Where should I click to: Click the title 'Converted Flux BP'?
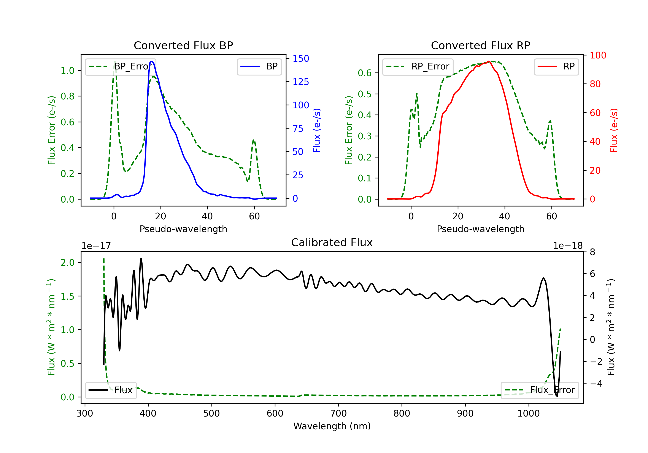[x=183, y=45]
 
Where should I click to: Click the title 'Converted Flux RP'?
[x=480, y=45]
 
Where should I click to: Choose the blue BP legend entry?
[x=259, y=66]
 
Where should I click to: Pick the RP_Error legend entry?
[x=418, y=66]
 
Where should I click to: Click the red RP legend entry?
[x=556, y=66]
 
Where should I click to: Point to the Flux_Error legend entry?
[x=539, y=390]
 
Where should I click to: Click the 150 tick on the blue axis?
[x=301, y=59]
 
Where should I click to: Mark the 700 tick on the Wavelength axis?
[x=338, y=413]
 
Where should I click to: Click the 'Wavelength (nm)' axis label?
[x=332, y=426]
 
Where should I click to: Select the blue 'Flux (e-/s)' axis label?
[x=317, y=130]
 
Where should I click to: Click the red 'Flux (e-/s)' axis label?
[x=614, y=130]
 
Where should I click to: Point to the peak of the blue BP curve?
[x=152, y=61]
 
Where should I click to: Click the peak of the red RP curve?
[x=489, y=61]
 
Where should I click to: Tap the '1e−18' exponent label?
[x=568, y=246]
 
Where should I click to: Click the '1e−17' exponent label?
[x=96, y=246]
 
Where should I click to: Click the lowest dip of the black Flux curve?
[x=557, y=396]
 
